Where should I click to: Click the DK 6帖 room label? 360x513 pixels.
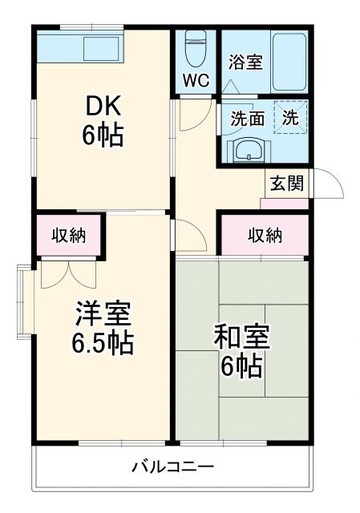pyautogui.click(x=103, y=120)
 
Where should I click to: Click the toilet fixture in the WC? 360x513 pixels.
pyautogui.click(x=195, y=50)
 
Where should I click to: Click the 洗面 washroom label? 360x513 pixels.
pyautogui.click(x=248, y=119)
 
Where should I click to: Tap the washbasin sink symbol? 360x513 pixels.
pyautogui.click(x=247, y=150)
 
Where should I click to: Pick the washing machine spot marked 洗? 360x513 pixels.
pyautogui.click(x=291, y=117)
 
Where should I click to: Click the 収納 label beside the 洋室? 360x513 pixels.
pyautogui.click(x=70, y=235)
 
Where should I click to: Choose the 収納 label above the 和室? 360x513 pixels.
pyautogui.click(x=265, y=235)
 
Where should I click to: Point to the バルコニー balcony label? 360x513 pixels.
pyautogui.click(x=172, y=467)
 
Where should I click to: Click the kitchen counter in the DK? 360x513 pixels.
pyautogui.click(x=80, y=48)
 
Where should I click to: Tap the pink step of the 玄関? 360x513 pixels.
pyautogui.click(x=285, y=203)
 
